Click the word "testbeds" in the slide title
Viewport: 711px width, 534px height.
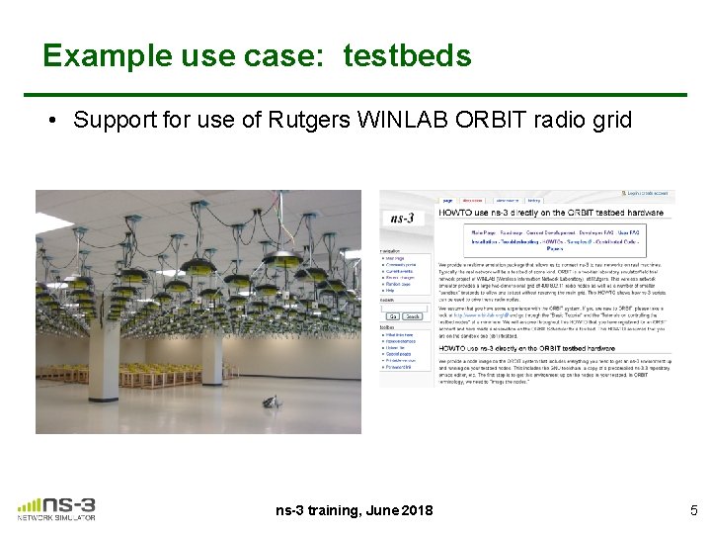coord(407,55)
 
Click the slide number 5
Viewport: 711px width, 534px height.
coord(693,510)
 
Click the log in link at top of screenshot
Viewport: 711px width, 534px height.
coord(648,194)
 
